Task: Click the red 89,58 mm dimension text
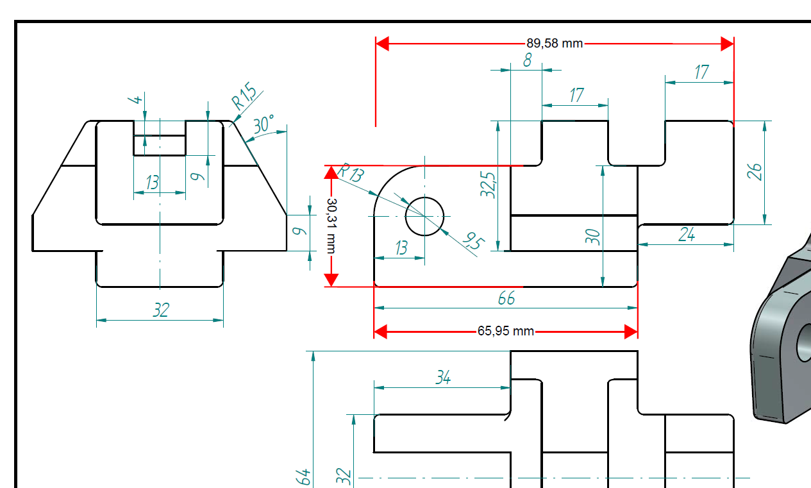pos(555,44)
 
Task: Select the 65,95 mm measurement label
pos(505,332)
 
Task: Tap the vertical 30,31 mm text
pos(331,225)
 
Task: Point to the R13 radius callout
pos(351,172)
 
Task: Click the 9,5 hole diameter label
pos(474,242)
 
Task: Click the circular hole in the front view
pos(424,216)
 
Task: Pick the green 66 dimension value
pos(506,298)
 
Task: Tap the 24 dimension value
pos(687,235)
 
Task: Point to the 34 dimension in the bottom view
pos(443,378)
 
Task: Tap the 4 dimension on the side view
pos(135,100)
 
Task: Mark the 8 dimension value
pos(527,61)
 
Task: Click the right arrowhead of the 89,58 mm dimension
pos(727,44)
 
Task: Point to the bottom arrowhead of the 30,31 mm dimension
pos(331,280)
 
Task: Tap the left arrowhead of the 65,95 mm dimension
pos(381,332)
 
